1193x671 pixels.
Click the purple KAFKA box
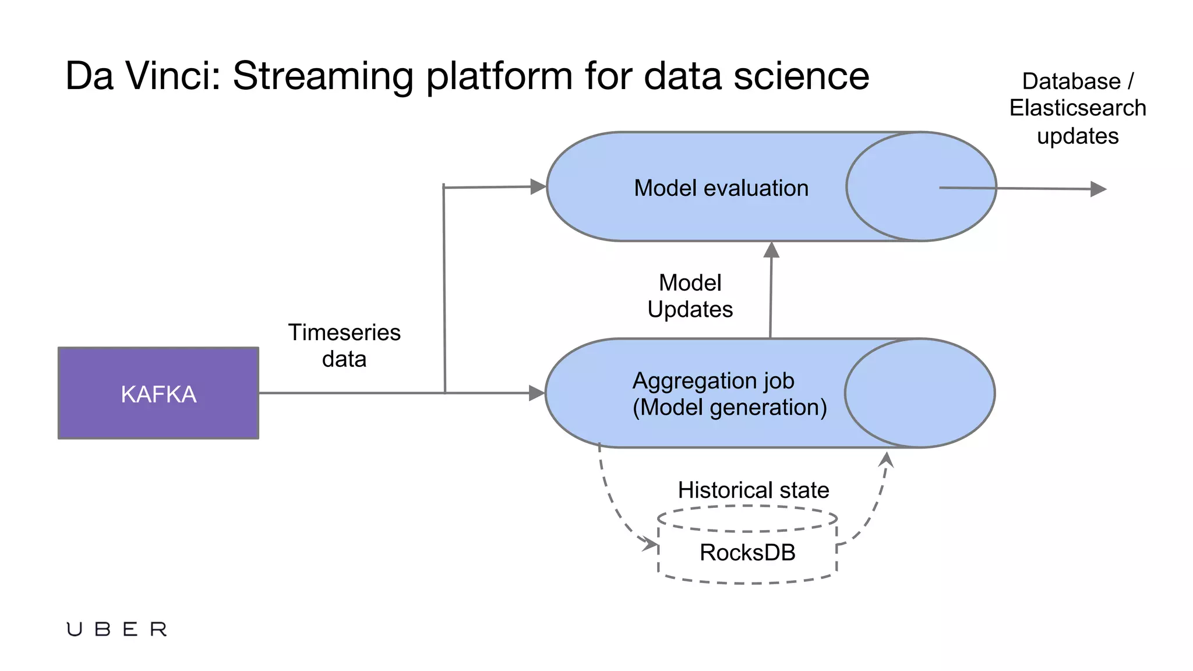tap(158, 393)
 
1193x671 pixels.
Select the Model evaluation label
tap(721, 188)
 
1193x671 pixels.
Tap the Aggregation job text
tap(713, 381)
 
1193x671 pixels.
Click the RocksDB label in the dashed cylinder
tap(747, 552)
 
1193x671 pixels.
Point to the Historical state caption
tap(753, 490)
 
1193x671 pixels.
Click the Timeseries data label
tap(344, 345)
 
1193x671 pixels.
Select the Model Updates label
tap(690, 296)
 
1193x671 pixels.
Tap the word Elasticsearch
tap(1078, 108)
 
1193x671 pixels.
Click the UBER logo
tap(117, 629)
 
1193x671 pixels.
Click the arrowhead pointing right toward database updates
tap(1098, 189)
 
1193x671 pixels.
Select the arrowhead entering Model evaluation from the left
tap(538, 186)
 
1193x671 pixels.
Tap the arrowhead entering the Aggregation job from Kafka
tap(536, 393)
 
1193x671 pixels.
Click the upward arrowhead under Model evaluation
tap(771, 250)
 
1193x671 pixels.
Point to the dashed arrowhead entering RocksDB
tap(650, 543)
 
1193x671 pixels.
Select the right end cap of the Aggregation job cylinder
tap(920, 393)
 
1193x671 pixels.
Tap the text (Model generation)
tap(730, 407)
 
